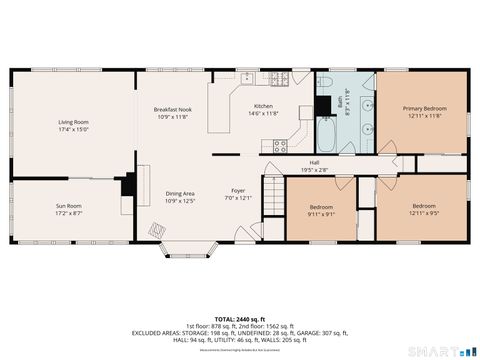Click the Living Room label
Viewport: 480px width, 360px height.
pos(73,121)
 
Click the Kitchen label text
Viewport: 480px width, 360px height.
pos(263,106)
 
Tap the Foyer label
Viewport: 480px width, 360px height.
pos(238,190)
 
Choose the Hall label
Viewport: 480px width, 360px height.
pos(314,162)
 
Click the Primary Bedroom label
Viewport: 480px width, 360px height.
pos(425,107)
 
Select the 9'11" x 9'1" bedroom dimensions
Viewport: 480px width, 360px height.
pos(321,213)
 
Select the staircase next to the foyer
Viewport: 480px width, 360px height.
pos(271,189)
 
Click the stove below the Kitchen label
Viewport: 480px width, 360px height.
pos(280,146)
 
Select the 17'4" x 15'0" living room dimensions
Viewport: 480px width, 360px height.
pos(73,129)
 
